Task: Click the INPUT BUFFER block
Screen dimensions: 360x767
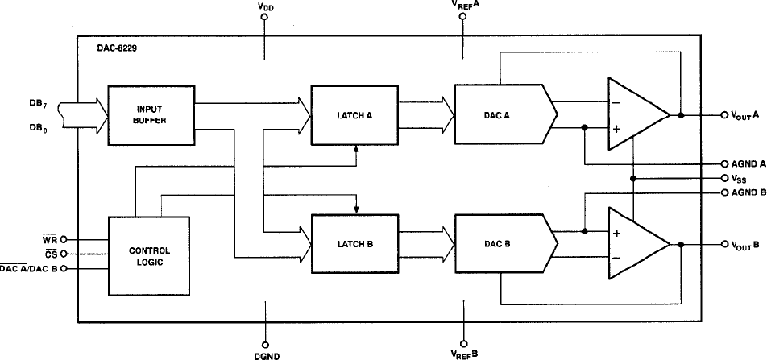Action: pos(150,115)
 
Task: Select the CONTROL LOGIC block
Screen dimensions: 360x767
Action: pos(150,256)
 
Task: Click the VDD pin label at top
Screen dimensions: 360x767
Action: pos(264,6)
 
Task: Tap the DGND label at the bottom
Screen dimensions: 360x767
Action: pos(264,354)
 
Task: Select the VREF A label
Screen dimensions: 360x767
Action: pos(465,6)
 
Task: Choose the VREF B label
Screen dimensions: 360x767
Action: pos(465,354)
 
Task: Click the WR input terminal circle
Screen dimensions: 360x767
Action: pos(64,239)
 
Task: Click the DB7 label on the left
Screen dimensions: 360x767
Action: pos(37,103)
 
